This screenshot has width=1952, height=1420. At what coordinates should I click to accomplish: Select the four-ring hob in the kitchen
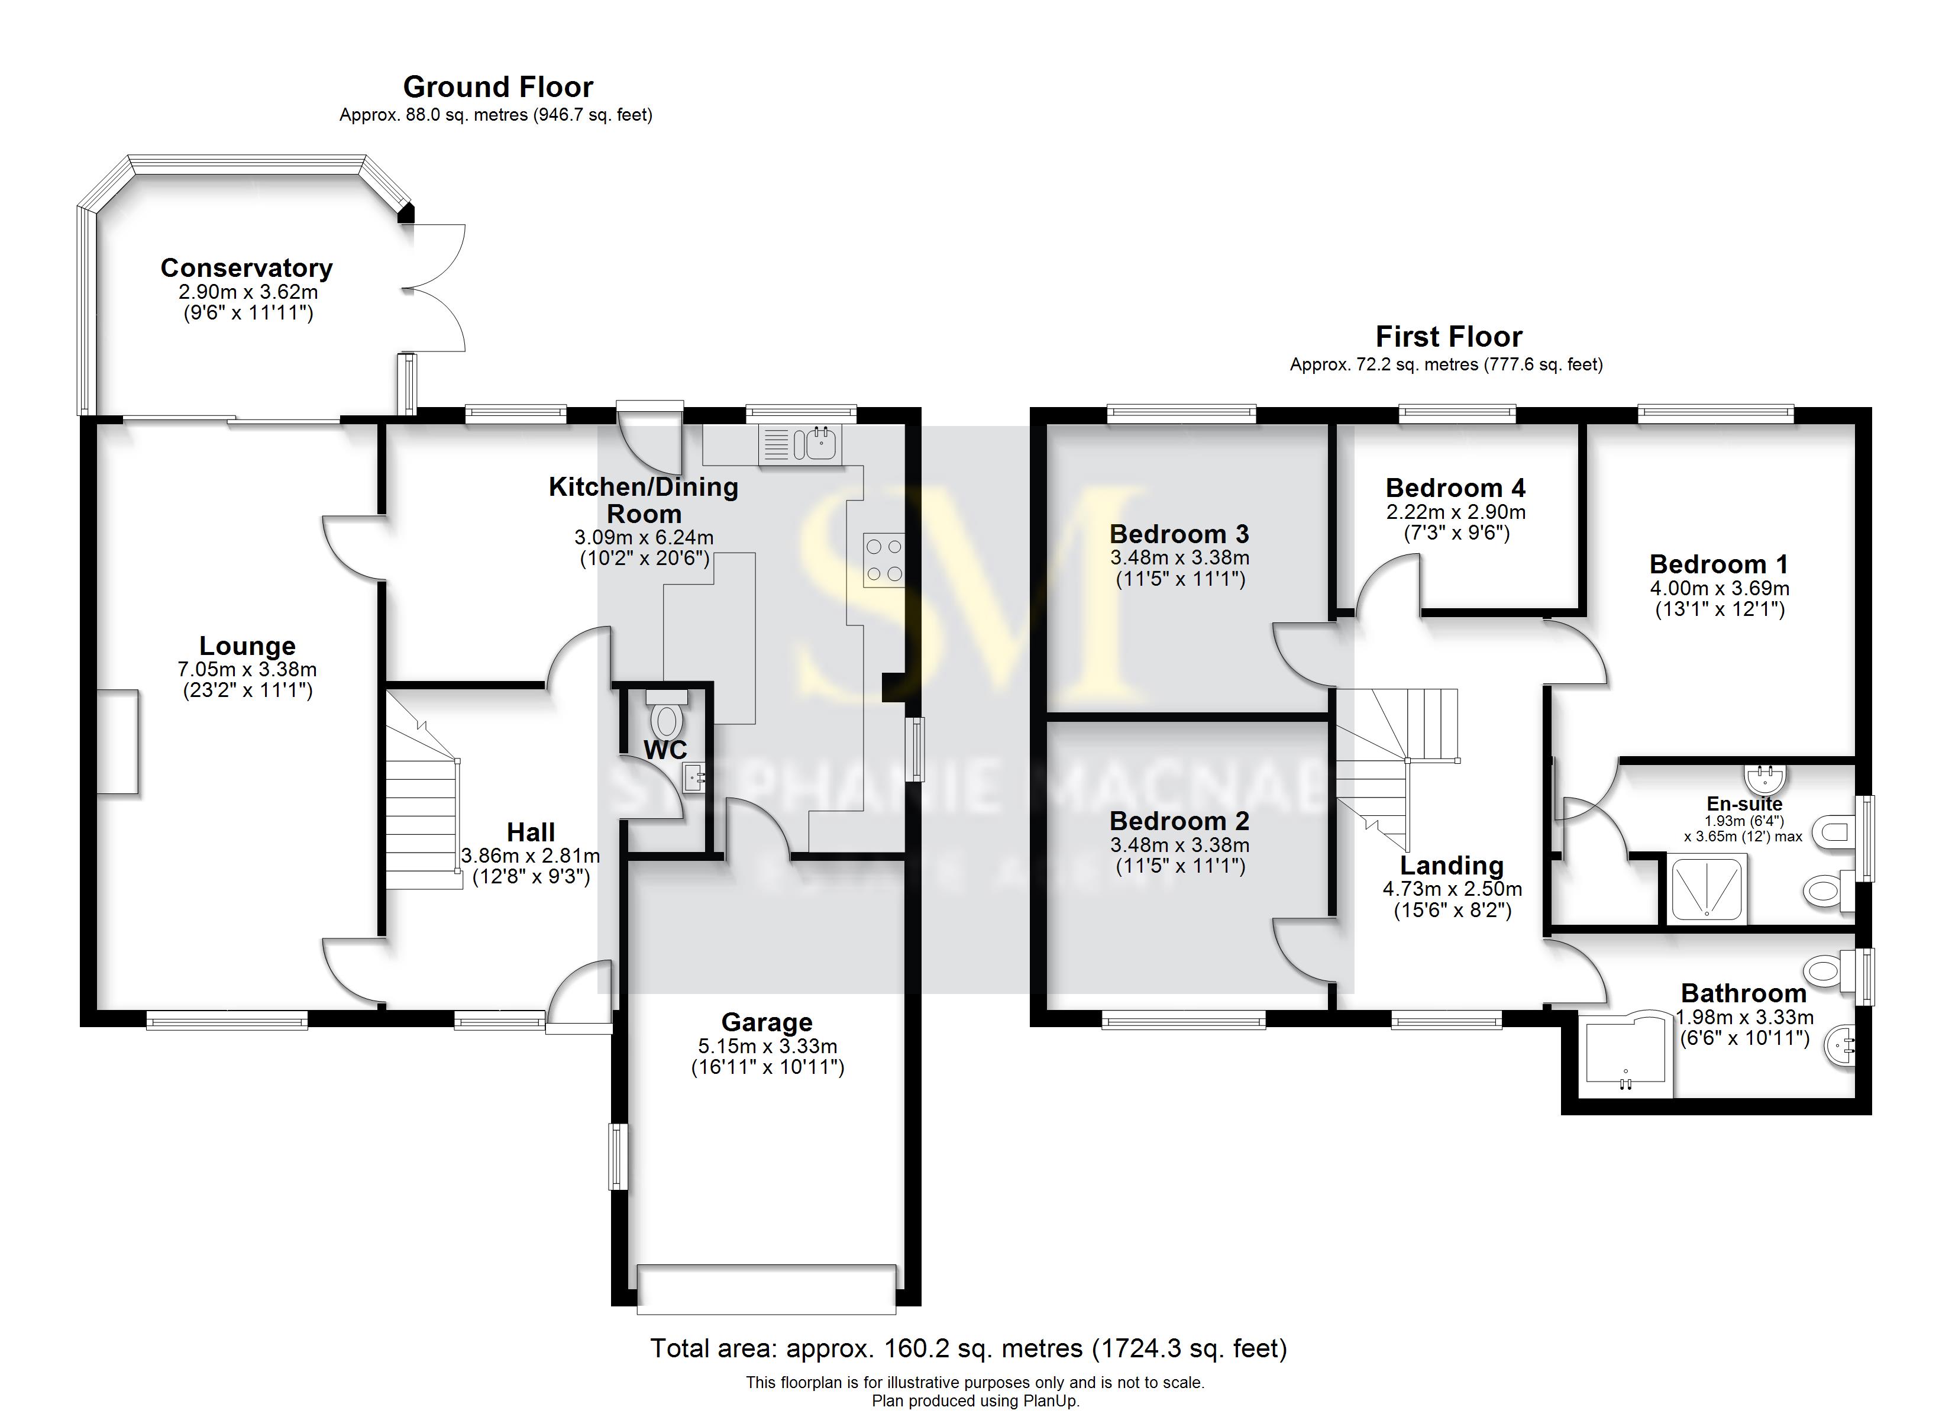884,560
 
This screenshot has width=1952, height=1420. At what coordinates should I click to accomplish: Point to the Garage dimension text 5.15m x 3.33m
767,1046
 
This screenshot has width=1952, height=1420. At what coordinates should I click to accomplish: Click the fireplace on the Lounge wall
117,741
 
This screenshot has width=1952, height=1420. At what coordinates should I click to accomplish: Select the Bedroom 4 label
1455,488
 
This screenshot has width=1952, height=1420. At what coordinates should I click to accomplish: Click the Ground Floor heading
497,87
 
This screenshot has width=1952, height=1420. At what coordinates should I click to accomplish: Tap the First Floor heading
1449,337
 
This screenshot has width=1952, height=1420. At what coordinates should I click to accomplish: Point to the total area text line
968,1348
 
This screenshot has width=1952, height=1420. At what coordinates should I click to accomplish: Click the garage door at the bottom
766,1289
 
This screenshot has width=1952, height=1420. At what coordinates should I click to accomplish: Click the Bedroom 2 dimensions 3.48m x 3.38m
1179,845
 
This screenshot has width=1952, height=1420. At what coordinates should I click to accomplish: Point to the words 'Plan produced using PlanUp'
975,1401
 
